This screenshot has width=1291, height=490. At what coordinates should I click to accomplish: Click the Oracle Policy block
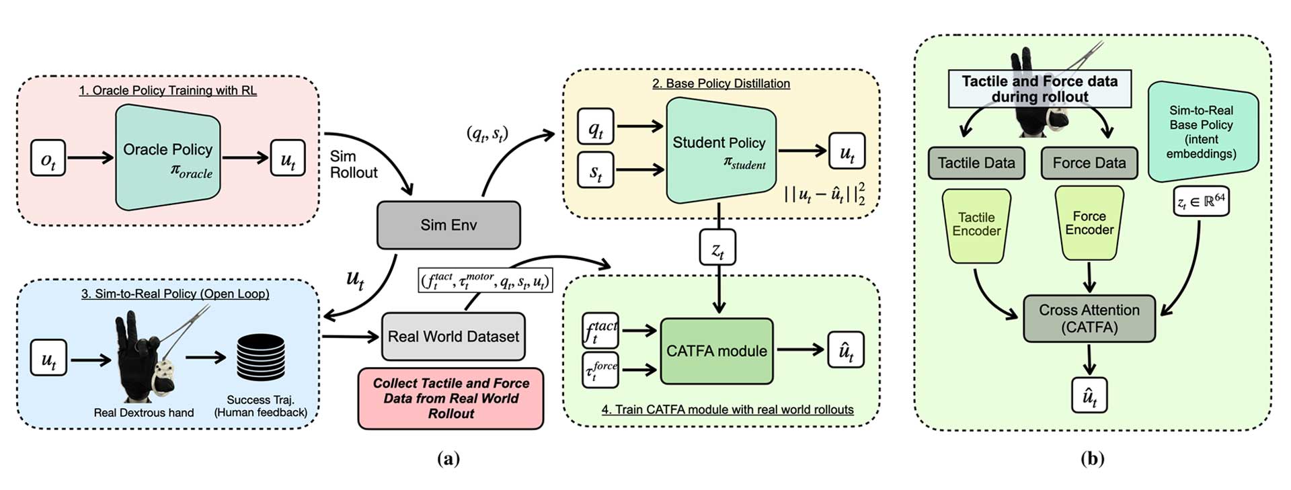(167, 157)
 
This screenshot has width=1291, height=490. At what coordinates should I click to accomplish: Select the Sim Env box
(448, 225)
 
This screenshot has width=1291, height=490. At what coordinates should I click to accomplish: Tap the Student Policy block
(720, 150)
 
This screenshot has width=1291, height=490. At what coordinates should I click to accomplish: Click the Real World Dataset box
(453, 336)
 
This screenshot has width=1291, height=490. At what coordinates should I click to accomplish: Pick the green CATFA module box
(717, 351)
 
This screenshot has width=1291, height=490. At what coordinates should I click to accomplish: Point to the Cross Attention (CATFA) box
(1089, 319)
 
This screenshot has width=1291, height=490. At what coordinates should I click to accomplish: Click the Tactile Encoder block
(976, 224)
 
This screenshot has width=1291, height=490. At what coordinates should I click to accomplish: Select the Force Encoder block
(1089, 223)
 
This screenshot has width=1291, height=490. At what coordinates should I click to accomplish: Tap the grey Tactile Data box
(976, 163)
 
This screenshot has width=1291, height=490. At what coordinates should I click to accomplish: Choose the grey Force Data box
(1089, 163)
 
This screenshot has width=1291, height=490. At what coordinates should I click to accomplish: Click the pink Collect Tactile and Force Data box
(451, 398)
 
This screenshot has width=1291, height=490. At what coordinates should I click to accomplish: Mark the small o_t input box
(48, 158)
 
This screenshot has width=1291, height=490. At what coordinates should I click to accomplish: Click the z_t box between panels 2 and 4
(718, 248)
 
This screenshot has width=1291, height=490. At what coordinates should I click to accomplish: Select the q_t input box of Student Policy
(596, 126)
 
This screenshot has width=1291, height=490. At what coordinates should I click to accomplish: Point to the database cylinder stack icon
(261, 358)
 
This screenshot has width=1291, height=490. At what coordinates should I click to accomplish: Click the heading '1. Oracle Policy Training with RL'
(167, 90)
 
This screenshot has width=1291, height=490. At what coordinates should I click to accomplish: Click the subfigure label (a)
(448, 459)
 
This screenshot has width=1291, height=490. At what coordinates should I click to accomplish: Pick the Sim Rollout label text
(353, 165)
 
